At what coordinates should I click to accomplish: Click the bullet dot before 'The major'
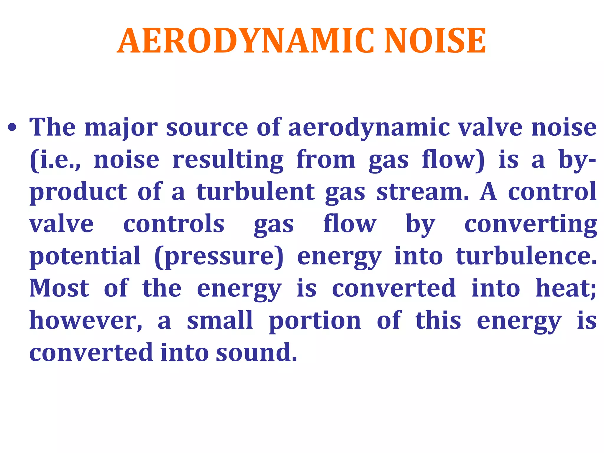tap(12, 128)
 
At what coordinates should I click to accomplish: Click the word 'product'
tap(78, 192)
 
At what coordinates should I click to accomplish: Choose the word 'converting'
tap(531, 225)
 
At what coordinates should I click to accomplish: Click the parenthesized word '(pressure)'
tap(219, 257)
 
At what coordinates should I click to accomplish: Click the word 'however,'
tap(86, 321)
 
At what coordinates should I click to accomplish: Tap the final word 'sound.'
tap(256, 352)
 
